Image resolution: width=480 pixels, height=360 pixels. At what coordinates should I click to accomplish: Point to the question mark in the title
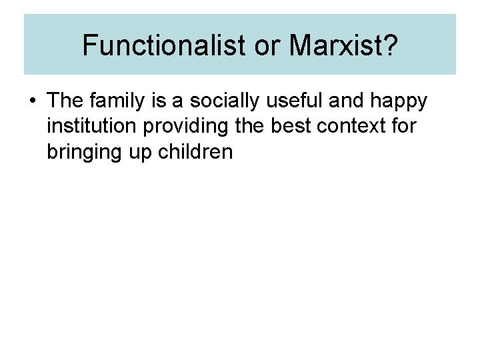(x=389, y=45)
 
